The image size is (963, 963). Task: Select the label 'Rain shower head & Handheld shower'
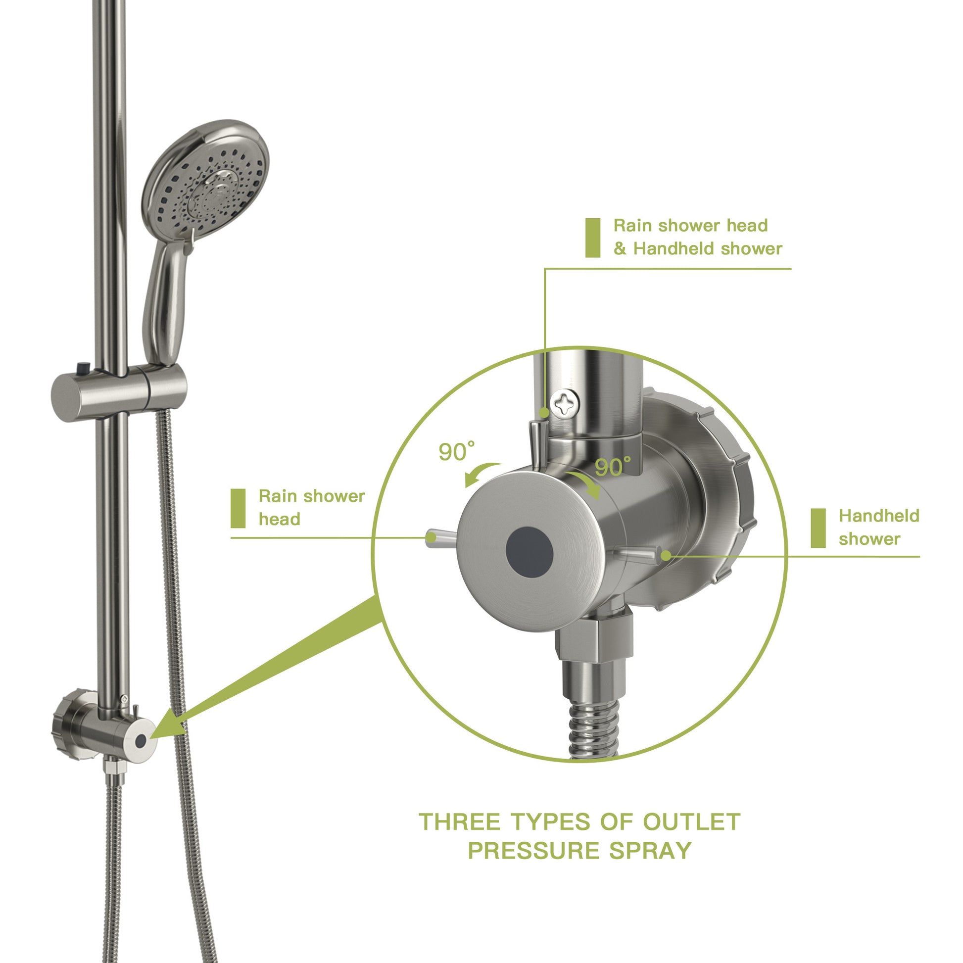tap(697, 237)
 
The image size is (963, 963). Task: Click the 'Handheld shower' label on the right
tap(878, 528)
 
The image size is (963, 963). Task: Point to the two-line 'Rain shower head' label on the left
tap(311, 507)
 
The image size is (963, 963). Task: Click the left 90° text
tap(456, 452)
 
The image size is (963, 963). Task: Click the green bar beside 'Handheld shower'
tap(818, 528)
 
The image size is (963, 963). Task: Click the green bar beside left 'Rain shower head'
tap(238, 508)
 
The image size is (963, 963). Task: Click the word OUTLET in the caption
tap(691, 822)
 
